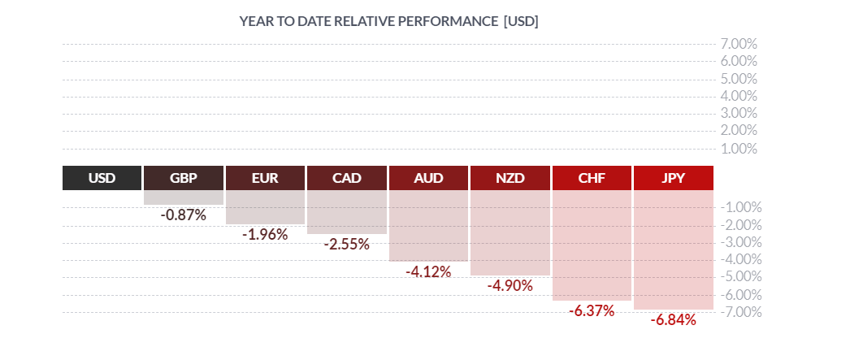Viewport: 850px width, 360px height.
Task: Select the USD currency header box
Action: click(102, 178)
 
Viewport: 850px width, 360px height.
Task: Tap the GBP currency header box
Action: click(184, 178)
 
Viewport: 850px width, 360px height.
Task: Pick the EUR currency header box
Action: click(265, 178)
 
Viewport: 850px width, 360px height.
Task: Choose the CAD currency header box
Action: click(347, 178)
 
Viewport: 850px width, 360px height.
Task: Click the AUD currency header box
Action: click(428, 178)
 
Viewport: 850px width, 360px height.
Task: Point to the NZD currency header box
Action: click(510, 178)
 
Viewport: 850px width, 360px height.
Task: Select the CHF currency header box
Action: click(592, 178)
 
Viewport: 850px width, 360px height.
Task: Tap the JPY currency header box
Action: click(674, 178)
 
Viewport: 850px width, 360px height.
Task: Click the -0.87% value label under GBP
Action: click(184, 215)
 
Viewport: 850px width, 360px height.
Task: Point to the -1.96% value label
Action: click(265, 235)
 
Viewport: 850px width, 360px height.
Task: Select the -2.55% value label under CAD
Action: click(347, 245)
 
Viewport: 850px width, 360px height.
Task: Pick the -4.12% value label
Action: click(428, 272)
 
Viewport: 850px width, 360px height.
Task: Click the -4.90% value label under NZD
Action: click(510, 286)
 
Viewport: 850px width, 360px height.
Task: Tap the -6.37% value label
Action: click(592, 311)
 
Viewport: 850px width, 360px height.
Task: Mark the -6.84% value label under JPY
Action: click(674, 320)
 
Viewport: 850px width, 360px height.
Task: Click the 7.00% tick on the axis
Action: click(739, 44)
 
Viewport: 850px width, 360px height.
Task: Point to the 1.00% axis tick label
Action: click(739, 149)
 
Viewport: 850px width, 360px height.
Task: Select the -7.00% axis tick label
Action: click(739, 312)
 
